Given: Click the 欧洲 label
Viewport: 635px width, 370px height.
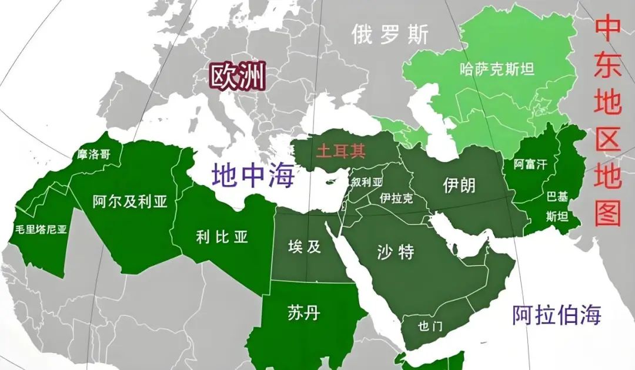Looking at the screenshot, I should pyautogui.click(x=238, y=76).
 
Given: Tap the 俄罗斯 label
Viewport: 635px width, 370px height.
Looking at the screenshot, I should pyautogui.click(x=390, y=35).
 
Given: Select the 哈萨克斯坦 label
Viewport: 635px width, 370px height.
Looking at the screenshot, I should pyautogui.click(x=497, y=69).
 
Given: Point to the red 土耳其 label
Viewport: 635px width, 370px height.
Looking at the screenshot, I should pyautogui.click(x=340, y=151).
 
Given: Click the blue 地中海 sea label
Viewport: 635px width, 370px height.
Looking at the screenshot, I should pyautogui.click(x=253, y=174).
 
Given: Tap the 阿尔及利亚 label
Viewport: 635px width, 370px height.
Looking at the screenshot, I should pyautogui.click(x=130, y=202).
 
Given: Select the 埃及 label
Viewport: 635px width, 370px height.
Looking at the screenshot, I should pyautogui.click(x=305, y=247).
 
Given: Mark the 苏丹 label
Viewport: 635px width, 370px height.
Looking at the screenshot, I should pyautogui.click(x=304, y=312).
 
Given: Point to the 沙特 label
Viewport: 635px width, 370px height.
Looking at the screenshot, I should pyautogui.click(x=395, y=252).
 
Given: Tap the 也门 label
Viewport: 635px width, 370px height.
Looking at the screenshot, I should pyautogui.click(x=429, y=327).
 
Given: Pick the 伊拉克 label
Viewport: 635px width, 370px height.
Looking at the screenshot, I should pyautogui.click(x=396, y=198).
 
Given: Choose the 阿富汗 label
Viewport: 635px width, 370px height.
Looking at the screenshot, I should pyautogui.click(x=530, y=164).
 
